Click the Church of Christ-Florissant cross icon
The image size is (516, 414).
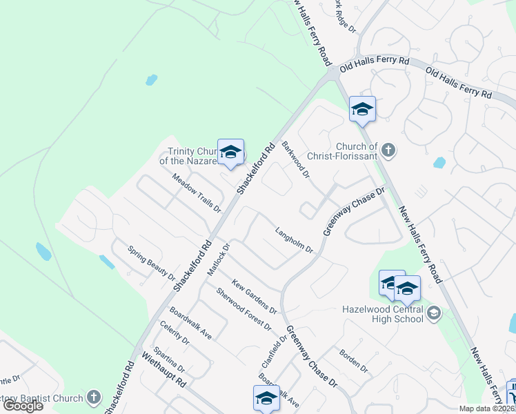tap(388, 150)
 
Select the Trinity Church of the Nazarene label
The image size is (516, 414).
tap(193, 157)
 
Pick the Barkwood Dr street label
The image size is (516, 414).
tap(295, 158)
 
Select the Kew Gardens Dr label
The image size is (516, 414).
tap(255, 295)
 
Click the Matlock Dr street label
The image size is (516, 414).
tap(218, 259)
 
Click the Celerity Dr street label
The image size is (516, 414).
tap(175, 333)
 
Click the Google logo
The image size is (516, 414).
tap(23, 406)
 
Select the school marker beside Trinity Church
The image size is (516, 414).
tap(230, 152)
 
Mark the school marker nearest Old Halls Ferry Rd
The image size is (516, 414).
tap(362, 109)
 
